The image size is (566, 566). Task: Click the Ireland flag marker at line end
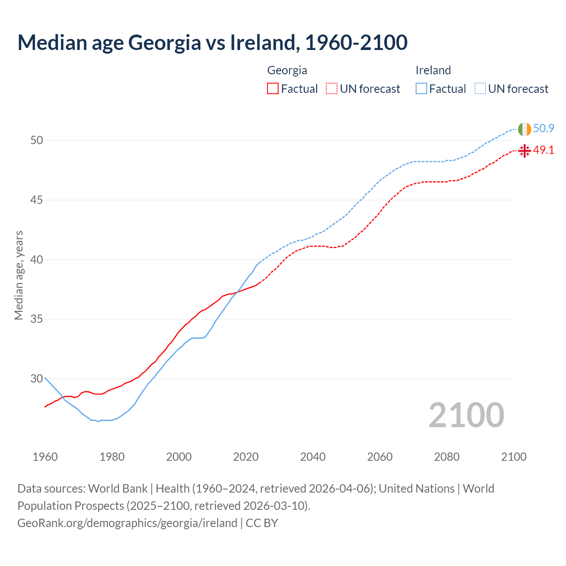(524, 129)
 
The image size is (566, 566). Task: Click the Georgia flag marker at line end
(524, 151)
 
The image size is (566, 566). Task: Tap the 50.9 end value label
(543, 129)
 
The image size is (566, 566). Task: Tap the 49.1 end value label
(543, 150)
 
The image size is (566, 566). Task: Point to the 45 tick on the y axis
(37, 200)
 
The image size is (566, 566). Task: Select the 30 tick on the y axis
(37, 379)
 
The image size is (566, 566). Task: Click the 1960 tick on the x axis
(45, 457)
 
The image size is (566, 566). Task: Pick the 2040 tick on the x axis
(313, 457)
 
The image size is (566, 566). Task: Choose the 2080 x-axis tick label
(447, 457)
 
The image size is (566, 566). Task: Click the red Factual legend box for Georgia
(273, 89)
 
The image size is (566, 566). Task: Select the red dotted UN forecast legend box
(332, 89)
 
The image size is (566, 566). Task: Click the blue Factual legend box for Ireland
(421, 89)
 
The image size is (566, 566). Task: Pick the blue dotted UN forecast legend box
(480, 89)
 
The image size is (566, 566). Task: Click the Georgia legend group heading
(287, 70)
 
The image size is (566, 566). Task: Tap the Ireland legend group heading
(433, 70)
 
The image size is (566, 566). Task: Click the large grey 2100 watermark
(466, 415)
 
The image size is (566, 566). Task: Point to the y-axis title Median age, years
(19, 275)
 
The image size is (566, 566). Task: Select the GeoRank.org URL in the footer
(127, 523)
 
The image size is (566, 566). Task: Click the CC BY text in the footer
(262, 523)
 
